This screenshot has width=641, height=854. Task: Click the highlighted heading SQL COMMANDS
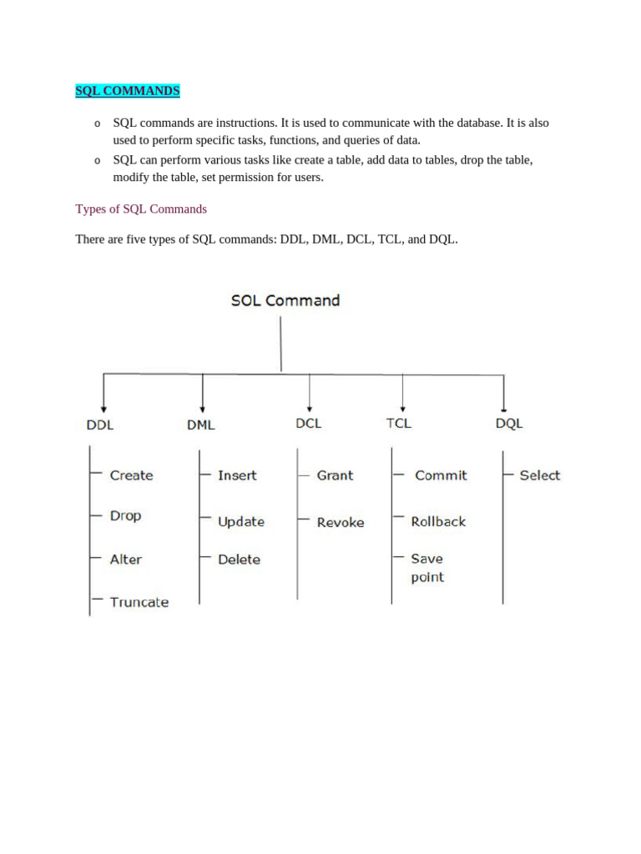(128, 90)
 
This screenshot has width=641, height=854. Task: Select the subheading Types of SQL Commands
(141, 208)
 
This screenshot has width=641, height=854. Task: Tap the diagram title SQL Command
(285, 300)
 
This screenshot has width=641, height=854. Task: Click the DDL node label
(100, 424)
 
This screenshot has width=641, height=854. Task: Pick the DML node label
(200, 424)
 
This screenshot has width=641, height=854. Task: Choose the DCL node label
(308, 423)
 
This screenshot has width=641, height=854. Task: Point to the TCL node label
(399, 423)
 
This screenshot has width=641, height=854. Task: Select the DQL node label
(509, 423)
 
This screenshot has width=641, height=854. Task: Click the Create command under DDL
(132, 475)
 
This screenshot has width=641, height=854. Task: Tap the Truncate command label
(139, 602)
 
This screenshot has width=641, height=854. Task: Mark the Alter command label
(126, 560)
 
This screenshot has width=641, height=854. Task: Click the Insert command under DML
(237, 475)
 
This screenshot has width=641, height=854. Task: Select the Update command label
(241, 522)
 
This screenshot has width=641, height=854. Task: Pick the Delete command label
(239, 560)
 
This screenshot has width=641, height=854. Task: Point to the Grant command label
(335, 475)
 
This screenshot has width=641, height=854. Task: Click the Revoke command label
(341, 523)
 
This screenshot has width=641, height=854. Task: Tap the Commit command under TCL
(441, 475)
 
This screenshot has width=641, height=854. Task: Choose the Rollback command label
(438, 521)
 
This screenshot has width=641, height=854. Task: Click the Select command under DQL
(539, 475)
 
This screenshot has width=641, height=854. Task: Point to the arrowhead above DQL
(503, 402)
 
